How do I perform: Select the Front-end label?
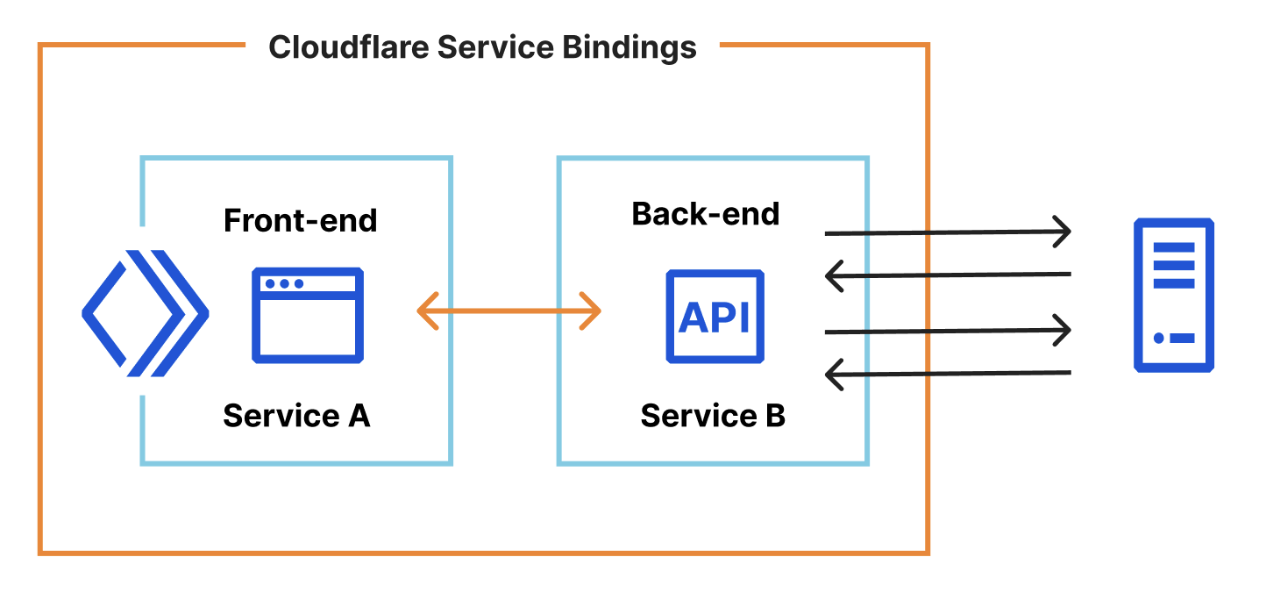point(300,220)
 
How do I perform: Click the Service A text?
point(296,415)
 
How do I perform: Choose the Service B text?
point(713,415)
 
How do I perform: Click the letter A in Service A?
point(359,415)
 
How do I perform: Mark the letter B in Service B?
point(774,415)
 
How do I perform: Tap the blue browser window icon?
point(308,315)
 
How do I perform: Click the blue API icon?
point(715,316)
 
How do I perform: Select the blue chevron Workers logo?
point(145,313)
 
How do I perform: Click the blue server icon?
point(1174,296)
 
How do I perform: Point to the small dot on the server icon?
point(1159,338)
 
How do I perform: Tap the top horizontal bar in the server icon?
point(1174,247)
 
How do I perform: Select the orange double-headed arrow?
point(509,311)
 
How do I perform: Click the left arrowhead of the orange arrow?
point(427,311)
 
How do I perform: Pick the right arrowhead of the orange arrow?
point(591,311)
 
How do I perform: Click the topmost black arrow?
point(948,232)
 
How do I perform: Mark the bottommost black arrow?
point(948,374)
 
